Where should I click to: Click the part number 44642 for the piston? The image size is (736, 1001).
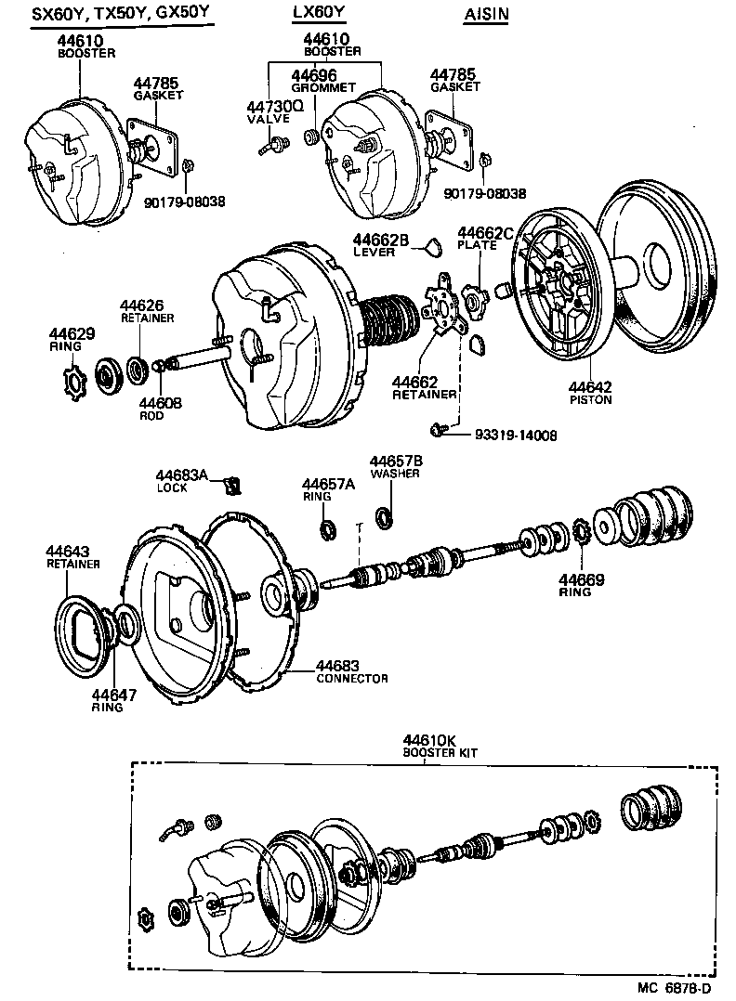590,387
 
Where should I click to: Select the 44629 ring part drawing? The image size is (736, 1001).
72,381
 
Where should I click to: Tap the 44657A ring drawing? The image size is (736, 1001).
327,530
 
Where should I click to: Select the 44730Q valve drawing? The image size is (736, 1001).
271,145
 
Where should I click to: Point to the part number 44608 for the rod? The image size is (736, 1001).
160,403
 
